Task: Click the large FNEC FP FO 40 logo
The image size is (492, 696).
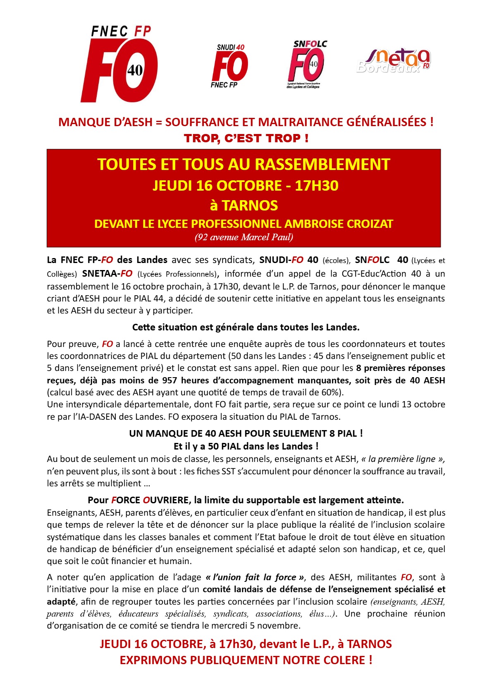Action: click(119, 64)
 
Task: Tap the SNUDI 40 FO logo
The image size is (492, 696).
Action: click(230, 66)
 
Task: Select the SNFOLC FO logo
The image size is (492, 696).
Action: click(306, 64)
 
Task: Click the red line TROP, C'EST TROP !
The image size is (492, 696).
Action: click(246, 138)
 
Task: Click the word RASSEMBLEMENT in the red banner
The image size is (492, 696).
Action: click(320, 165)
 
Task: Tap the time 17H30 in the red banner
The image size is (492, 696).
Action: click(317, 186)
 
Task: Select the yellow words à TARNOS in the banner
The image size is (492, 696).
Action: click(244, 206)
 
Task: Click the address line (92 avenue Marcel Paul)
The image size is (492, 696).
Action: click(244, 237)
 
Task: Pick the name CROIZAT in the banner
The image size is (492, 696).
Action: click(370, 224)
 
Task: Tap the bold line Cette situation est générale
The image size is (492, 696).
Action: click(246, 327)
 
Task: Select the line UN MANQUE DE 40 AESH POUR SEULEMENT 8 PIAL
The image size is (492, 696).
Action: click(246, 433)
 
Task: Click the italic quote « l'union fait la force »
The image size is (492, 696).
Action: click(255, 577)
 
